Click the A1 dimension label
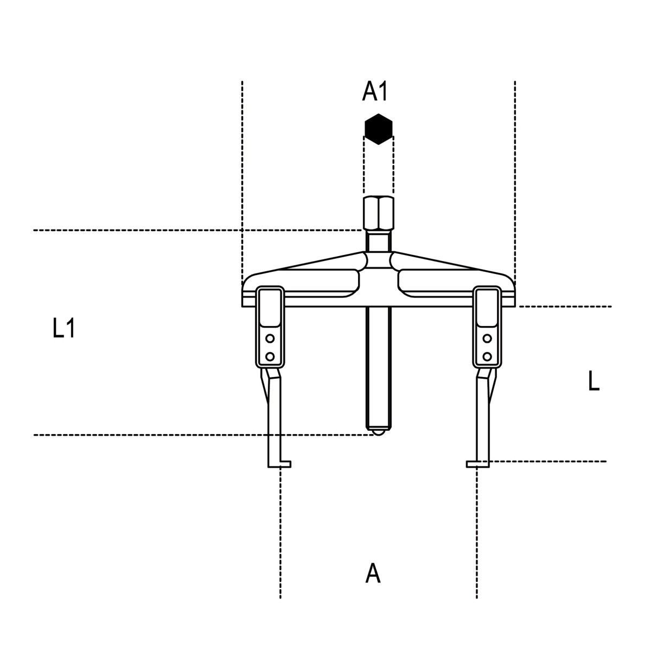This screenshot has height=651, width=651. point(375,91)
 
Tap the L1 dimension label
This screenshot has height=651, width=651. point(63,328)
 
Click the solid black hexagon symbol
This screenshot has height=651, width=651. point(378,129)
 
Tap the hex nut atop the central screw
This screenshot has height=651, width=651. point(378,214)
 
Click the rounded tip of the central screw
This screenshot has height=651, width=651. point(378,432)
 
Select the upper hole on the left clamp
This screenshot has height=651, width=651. point(270,338)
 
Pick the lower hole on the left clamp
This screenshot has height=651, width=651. point(270,356)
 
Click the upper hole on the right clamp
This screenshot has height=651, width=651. point(487,338)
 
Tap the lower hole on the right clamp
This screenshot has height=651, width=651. point(487,356)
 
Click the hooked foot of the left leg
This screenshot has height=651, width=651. point(279,464)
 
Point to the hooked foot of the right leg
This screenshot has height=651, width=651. point(478,464)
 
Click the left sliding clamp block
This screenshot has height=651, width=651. point(270,327)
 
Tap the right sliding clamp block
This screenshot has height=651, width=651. point(487,327)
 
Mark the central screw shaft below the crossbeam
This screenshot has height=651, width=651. point(378,368)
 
